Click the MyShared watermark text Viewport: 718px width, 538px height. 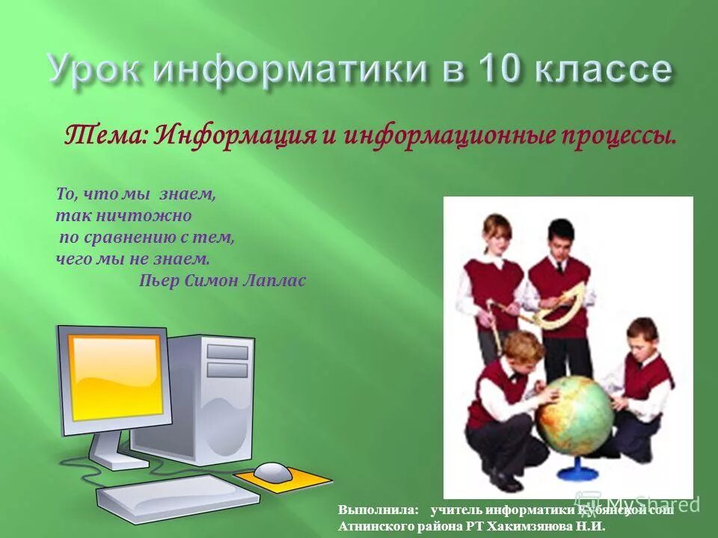(x=651, y=504)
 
